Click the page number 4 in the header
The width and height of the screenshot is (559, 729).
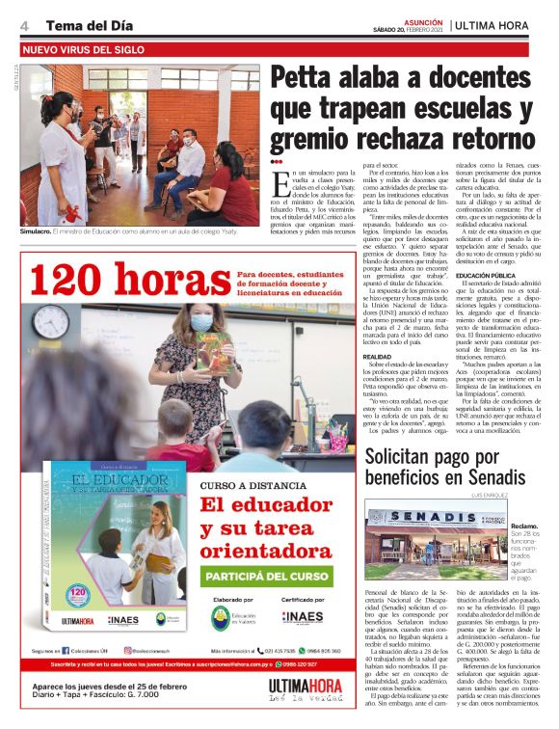(x=24, y=23)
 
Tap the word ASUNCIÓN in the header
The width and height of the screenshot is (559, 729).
(x=422, y=19)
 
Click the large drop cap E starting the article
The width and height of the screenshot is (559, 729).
(x=279, y=179)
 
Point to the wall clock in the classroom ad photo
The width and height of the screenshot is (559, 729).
(x=47, y=321)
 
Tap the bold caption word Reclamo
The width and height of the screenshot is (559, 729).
(x=524, y=526)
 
